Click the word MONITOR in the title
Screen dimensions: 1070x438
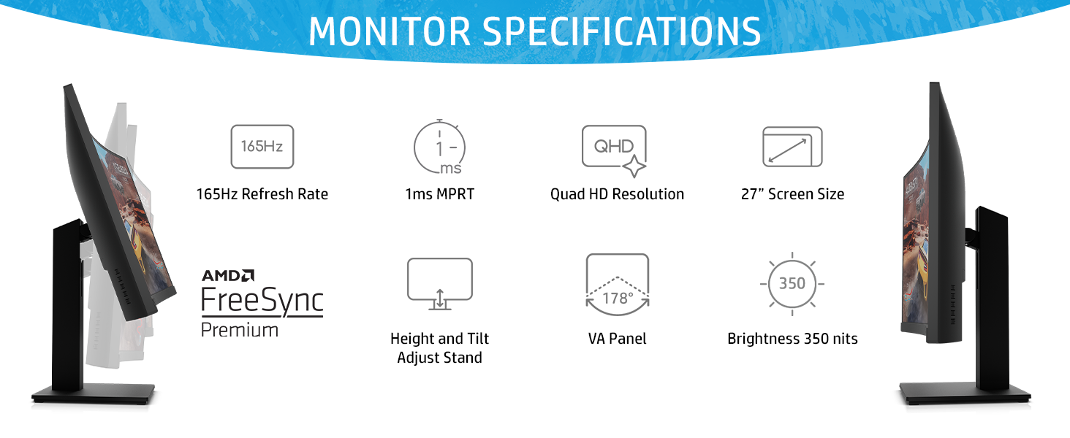(390, 31)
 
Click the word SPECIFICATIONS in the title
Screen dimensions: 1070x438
(621, 31)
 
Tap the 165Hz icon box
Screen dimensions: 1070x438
(262, 147)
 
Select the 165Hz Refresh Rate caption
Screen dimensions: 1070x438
(262, 194)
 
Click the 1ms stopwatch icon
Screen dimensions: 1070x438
(439, 147)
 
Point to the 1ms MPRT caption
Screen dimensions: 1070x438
(439, 194)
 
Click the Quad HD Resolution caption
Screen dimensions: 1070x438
(617, 194)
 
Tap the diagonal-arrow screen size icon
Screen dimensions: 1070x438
(792, 147)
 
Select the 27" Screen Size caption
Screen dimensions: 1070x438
(792, 194)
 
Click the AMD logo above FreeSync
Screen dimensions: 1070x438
(228, 275)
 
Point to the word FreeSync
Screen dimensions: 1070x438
(262, 301)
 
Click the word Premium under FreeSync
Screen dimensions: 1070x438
(239, 330)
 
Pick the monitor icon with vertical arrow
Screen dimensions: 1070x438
(439, 285)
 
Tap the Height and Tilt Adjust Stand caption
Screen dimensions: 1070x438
(439, 347)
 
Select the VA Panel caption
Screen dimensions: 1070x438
(617, 339)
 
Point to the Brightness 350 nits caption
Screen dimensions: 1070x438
(792, 339)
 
